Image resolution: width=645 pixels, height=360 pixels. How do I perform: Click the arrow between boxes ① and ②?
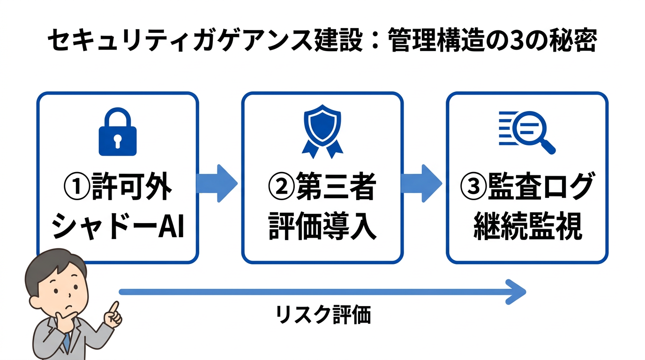(216, 183)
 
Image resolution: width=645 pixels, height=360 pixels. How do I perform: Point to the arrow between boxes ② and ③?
(421, 183)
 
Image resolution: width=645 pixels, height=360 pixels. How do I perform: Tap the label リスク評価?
(323, 315)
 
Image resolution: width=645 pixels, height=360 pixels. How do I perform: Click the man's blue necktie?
(67, 343)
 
